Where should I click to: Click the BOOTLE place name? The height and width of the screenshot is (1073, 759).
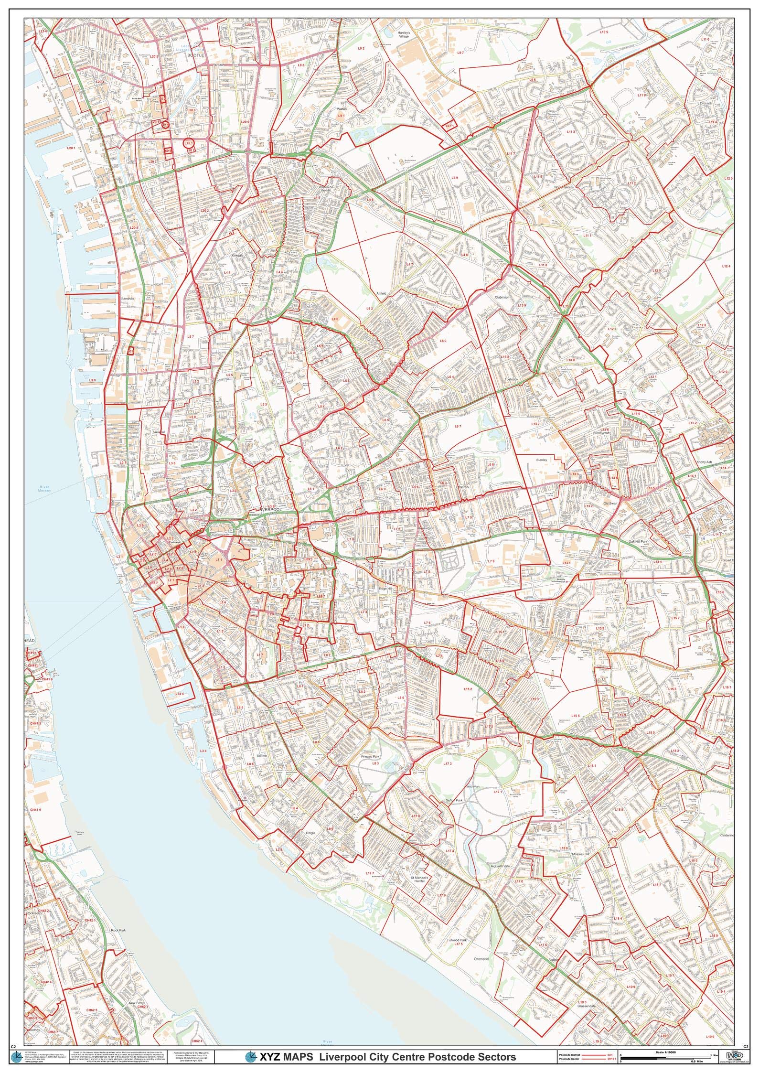196,55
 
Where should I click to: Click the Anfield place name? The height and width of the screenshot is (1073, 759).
381,293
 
